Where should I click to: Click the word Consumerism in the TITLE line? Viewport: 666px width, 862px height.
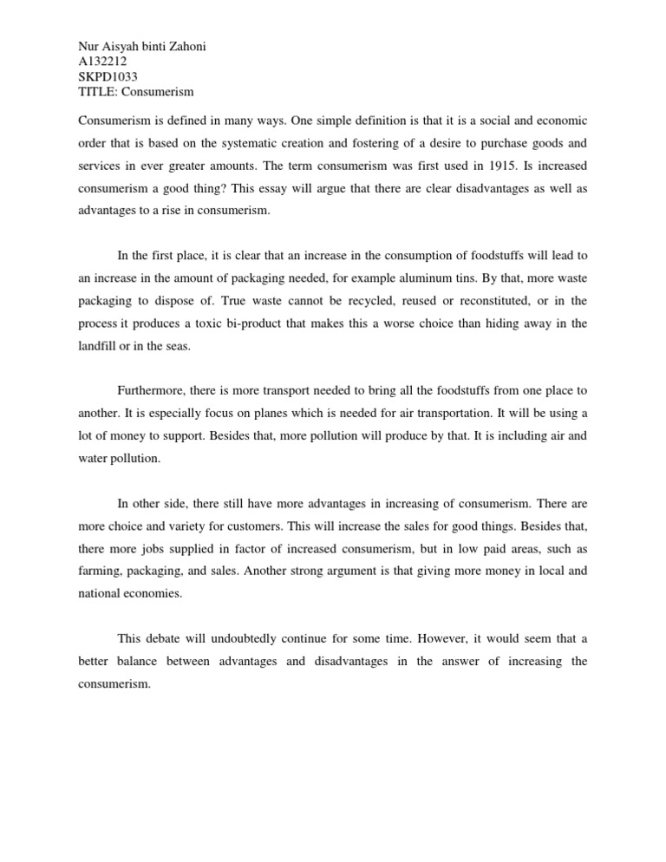163,92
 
